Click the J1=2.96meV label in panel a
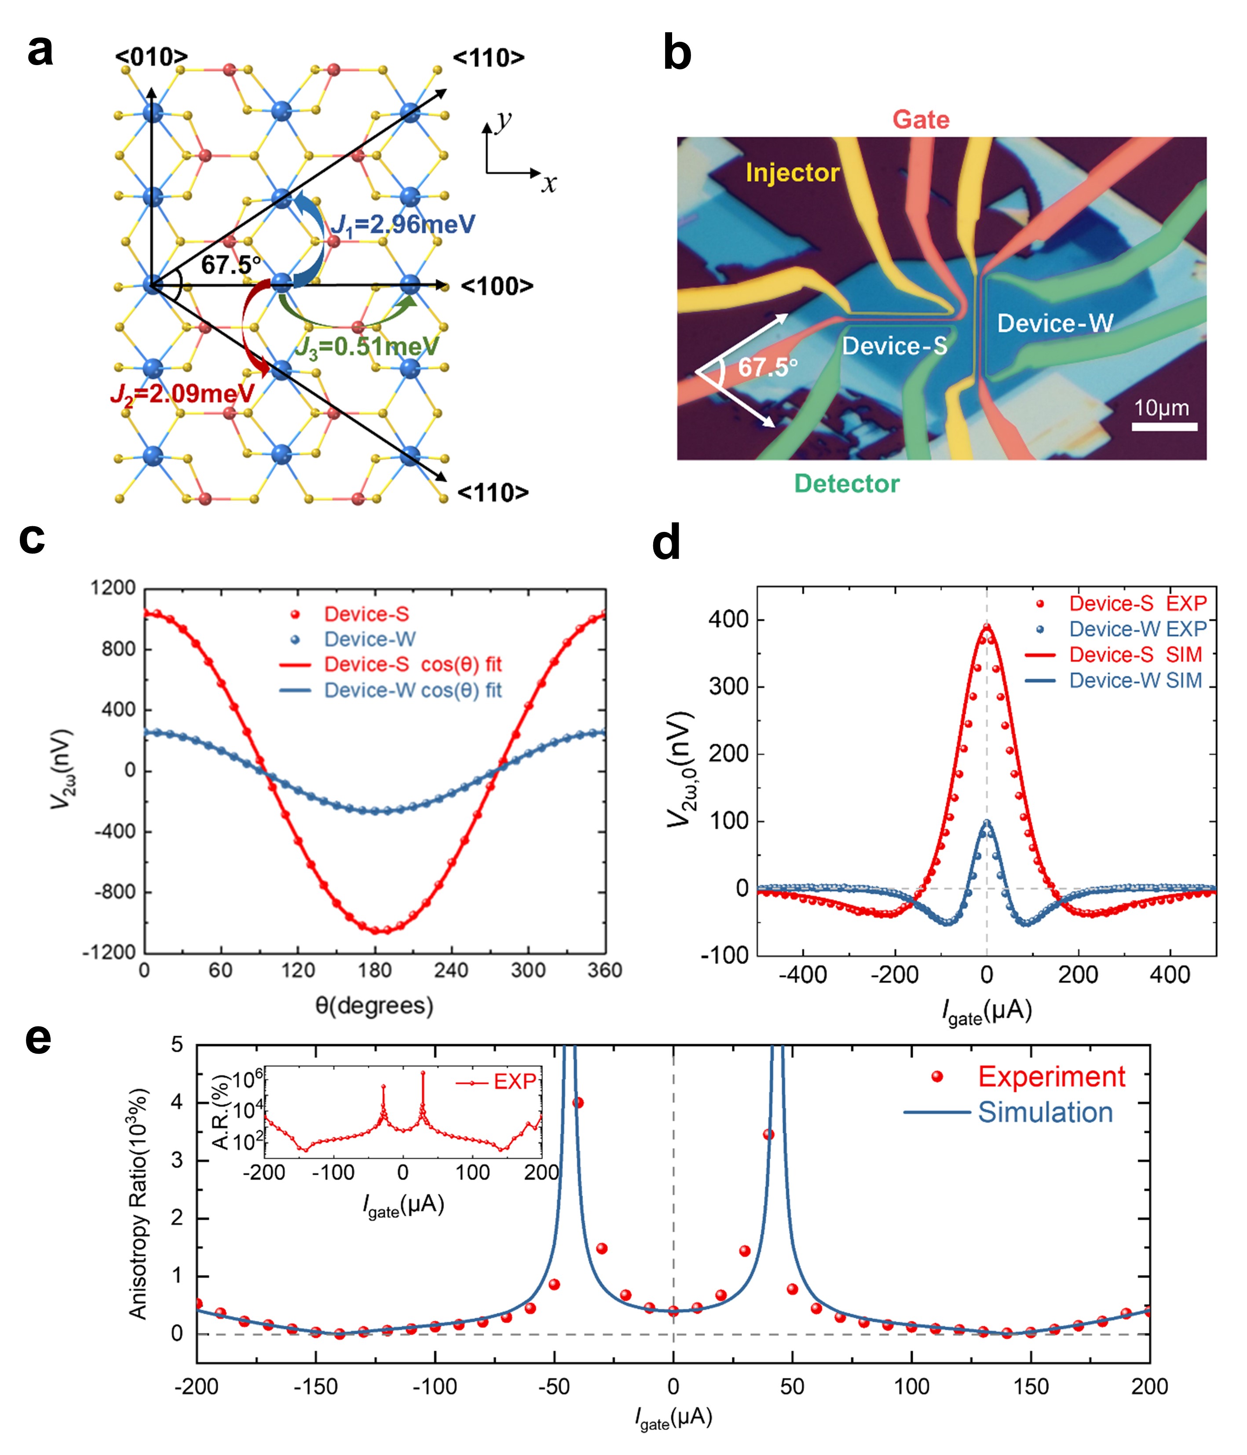tap(403, 225)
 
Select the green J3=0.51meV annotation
tap(366, 347)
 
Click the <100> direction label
tap(497, 286)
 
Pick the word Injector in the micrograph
tap(792, 173)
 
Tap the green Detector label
tap(847, 484)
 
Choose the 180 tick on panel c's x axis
tap(374, 971)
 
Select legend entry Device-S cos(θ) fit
tap(412, 664)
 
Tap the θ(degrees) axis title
tap(374, 1006)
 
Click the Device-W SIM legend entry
tap(1135, 681)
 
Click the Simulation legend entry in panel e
tap(1045, 1112)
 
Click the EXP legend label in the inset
tap(515, 1081)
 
